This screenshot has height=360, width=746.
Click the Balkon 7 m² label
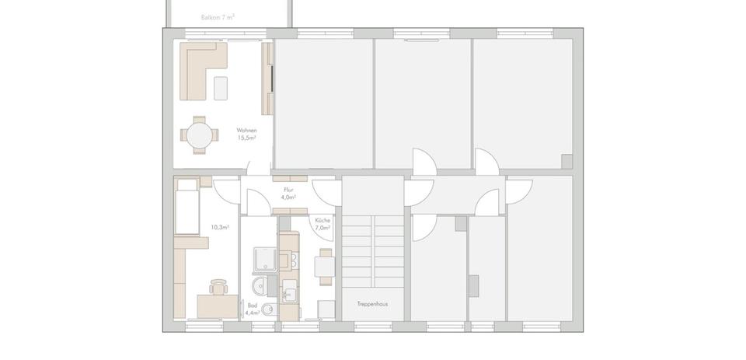(218, 16)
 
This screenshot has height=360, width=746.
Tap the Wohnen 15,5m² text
(247, 134)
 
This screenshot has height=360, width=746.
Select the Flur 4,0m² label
(288, 194)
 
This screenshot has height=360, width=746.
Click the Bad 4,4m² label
(252, 309)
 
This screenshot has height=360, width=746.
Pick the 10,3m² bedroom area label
(219, 228)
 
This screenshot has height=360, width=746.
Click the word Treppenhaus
(372, 303)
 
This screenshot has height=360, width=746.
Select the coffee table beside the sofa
(221, 87)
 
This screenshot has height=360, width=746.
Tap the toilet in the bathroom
(268, 309)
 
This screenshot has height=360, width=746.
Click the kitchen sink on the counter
(289, 294)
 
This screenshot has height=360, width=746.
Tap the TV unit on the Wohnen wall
(268, 78)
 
